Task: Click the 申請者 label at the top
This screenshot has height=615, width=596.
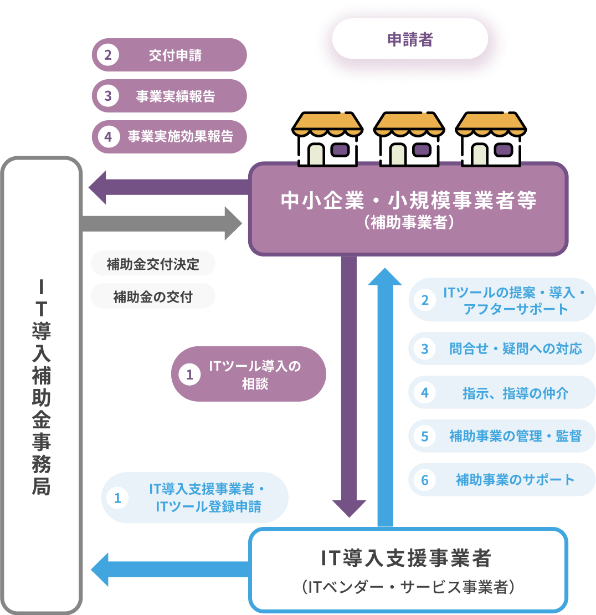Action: [x=410, y=39]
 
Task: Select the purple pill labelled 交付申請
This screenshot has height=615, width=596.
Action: [x=169, y=55]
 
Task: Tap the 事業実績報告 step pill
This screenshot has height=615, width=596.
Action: [x=169, y=96]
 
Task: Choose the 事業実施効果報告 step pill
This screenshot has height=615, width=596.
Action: [x=169, y=136]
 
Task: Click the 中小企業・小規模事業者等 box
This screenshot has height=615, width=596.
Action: [x=408, y=208]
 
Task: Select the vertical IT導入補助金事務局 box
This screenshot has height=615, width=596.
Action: [x=42, y=385]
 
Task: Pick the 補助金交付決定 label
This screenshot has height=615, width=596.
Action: [x=153, y=264]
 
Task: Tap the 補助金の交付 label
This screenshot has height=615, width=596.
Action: [x=153, y=297]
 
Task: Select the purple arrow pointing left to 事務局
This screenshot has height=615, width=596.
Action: [x=166, y=187]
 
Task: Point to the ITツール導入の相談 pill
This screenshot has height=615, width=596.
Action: [x=248, y=374]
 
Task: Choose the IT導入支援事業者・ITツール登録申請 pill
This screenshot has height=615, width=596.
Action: [x=195, y=498]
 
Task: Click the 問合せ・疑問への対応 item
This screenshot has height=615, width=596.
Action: [x=502, y=348]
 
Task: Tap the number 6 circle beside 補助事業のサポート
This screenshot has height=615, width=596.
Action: [x=425, y=480]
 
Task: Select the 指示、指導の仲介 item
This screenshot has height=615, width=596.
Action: [x=502, y=392]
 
